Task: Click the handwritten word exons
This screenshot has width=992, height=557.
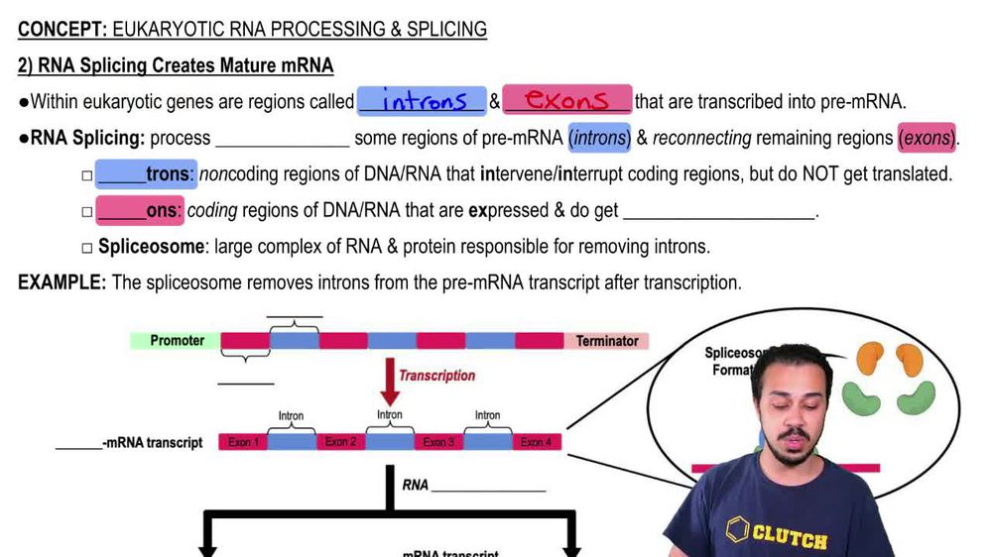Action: coord(566,100)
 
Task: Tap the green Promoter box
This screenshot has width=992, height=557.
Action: coord(177,341)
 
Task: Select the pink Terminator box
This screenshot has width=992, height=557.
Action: coord(607,341)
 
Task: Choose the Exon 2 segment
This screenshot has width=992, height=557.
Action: coord(340,442)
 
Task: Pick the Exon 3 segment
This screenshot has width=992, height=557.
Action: coord(437,442)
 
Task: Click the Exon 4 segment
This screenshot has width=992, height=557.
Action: coord(536,442)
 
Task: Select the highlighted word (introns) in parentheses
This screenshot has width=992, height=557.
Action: coord(600,139)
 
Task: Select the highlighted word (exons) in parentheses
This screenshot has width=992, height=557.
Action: coord(927,139)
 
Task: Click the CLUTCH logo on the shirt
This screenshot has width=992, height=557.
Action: coord(779,535)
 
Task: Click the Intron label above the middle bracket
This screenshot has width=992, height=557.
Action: coord(390,414)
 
